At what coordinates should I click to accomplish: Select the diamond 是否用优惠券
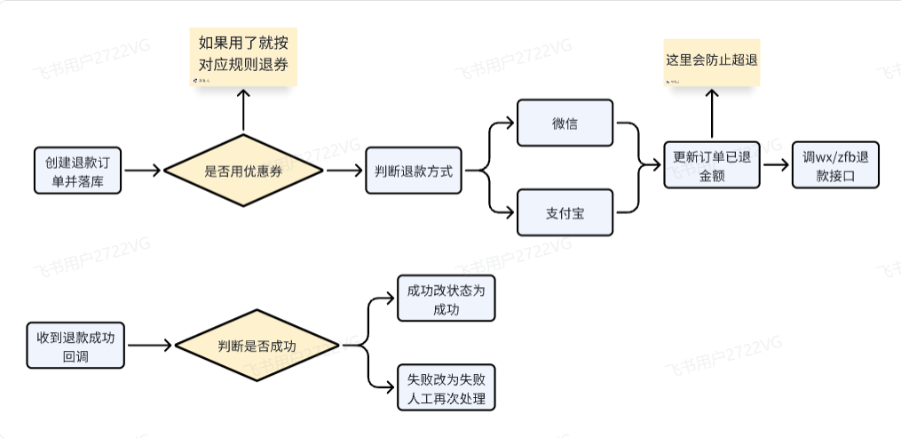point(243,171)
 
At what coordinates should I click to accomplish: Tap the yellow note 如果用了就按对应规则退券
point(243,56)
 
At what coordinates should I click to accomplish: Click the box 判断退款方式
point(414,171)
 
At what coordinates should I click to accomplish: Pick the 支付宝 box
point(565,212)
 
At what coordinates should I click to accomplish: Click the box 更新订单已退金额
point(711,165)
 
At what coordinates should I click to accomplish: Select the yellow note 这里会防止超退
point(711,61)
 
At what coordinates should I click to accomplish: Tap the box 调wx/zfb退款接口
point(835,165)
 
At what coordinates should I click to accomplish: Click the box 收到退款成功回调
point(75,346)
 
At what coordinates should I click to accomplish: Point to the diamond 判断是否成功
point(257,346)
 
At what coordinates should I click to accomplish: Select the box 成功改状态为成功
point(446,299)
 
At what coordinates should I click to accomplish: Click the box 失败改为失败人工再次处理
point(446,388)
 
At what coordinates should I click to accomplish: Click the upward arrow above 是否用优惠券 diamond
point(243,112)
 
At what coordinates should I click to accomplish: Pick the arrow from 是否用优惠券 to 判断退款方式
point(340,171)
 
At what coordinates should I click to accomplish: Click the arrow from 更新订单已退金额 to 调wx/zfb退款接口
point(775,165)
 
